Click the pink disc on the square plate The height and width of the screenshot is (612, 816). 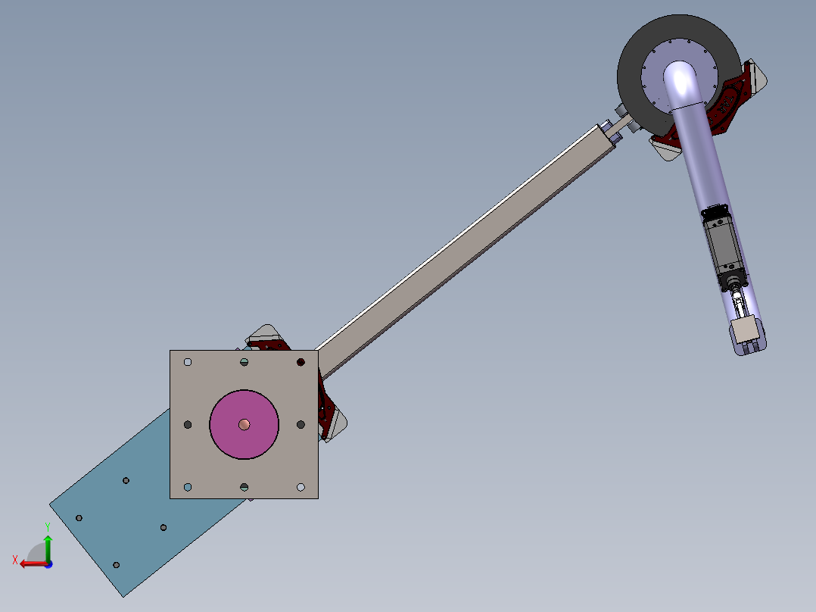(x=244, y=424)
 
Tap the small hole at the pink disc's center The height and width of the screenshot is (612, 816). (x=244, y=424)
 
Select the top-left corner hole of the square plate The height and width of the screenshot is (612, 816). (x=188, y=362)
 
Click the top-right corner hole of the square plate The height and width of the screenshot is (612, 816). (x=301, y=362)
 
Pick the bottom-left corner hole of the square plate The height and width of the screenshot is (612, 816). (x=188, y=487)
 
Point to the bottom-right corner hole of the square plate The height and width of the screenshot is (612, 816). (x=301, y=487)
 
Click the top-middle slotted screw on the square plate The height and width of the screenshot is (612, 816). (x=244, y=362)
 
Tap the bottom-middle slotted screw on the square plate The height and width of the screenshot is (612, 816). (x=244, y=487)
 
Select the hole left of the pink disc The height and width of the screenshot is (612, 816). (x=188, y=424)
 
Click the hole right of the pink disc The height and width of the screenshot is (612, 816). (x=301, y=424)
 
